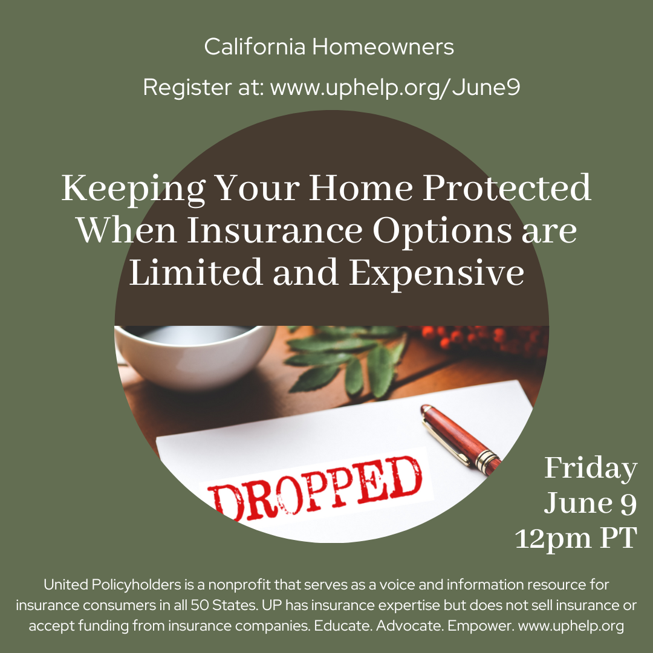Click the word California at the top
(255, 46)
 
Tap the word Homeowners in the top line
(383, 46)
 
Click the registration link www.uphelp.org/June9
(395, 88)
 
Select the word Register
(187, 88)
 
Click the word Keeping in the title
(133, 189)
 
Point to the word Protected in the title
(507, 188)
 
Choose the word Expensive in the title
(437, 274)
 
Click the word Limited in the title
(196, 272)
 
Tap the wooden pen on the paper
(461, 439)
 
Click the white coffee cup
(195, 357)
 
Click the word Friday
(591, 469)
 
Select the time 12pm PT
(576, 539)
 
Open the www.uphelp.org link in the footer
(571, 626)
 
